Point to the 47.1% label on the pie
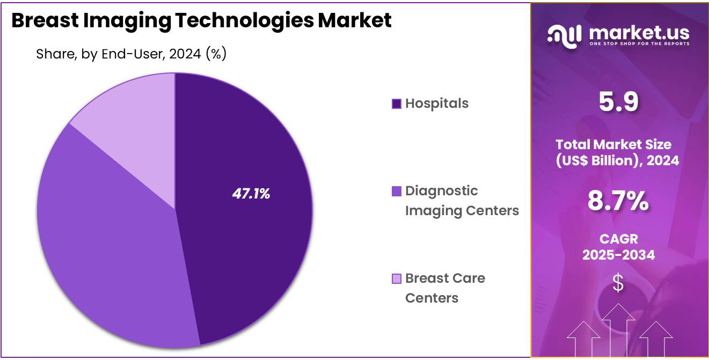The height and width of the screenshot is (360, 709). pos(251,194)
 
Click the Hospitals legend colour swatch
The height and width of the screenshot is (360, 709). pos(397,104)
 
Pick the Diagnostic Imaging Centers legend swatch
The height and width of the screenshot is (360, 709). pos(397,191)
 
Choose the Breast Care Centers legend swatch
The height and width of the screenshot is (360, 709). pos(397,278)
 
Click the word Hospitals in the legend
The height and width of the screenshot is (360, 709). pos(436,103)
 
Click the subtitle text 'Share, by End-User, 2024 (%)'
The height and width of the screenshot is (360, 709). pos(131,54)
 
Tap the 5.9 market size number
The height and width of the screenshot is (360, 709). pos(618,102)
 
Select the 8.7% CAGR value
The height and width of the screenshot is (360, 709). pos(618,201)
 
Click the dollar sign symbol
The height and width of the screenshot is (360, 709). pos(618,283)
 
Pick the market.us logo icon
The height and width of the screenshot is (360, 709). pos(565,35)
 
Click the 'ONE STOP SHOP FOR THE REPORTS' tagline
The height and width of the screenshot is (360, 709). pos(639,43)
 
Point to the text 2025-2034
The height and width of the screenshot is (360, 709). pos(618,255)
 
